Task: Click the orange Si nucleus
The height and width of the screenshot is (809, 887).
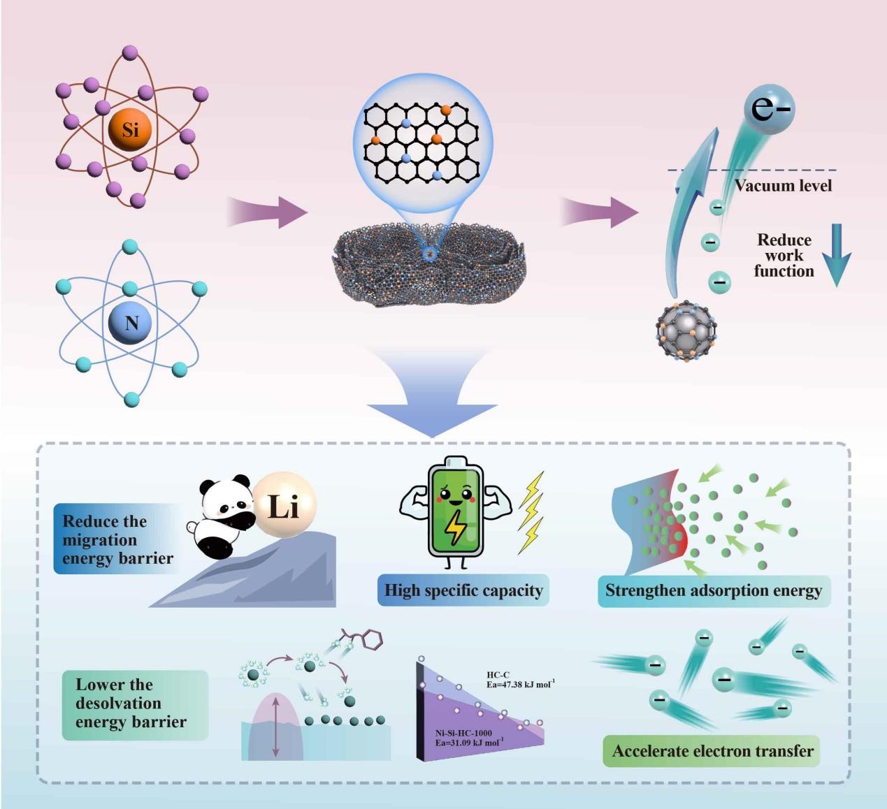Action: click(x=130, y=129)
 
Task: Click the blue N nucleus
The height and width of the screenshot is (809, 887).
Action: click(x=131, y=323)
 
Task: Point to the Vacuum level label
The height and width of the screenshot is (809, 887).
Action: click(x=783, y=185)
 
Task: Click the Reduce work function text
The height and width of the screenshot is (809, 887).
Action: click(x=784, y=256)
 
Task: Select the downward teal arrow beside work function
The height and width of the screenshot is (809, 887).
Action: click(x=836, y=255)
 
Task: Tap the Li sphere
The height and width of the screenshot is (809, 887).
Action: click(x=283, y=506)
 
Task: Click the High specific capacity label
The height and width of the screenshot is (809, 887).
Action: click(x=463, y=590)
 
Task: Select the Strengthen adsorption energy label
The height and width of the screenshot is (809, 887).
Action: click(x=714, y=590)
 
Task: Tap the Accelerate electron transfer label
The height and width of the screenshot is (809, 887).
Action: click(x=712, y=751)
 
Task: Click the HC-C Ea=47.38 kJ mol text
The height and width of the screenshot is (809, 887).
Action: click(x=520, y=680)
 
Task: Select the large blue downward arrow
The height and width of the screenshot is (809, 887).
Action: click(x=431, y=395)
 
